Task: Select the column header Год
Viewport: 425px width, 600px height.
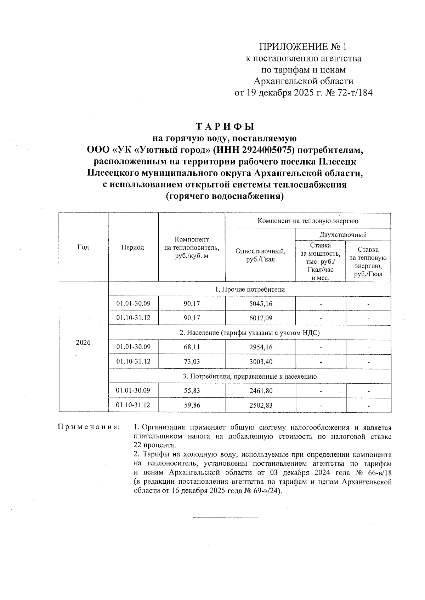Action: point(83,247)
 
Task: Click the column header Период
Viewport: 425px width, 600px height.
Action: point(132,247)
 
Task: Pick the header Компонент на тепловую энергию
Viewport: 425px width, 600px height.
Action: point(307,221)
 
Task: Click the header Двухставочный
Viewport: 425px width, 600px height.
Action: point(342,234)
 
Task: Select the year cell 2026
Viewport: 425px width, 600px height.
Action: point(83,343)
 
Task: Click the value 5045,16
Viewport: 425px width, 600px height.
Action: point(261,304)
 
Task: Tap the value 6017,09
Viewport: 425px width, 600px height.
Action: point(261,318)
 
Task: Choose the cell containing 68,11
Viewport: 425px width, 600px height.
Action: point(192,347)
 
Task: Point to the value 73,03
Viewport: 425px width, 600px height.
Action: point(192,362)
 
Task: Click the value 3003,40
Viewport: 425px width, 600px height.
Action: point(261,362)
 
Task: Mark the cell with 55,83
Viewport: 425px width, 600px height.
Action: point(192,391)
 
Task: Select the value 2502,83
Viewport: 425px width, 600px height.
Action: point(261,405)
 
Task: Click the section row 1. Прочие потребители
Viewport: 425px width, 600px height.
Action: point(250,289)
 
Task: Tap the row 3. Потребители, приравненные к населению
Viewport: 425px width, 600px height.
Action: point(250,376)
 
